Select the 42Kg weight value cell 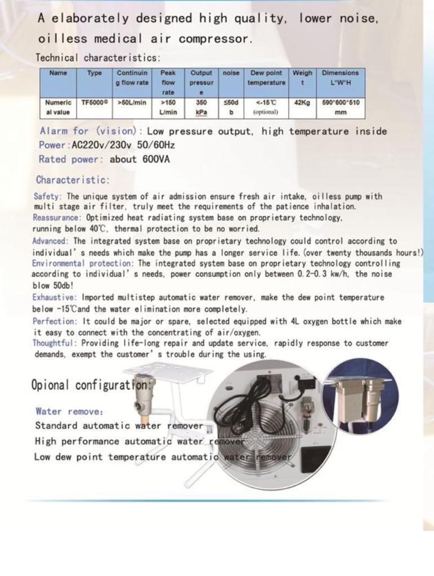click(302, 103)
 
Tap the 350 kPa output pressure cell click(201, 107)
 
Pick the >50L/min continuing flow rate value click(132, 103)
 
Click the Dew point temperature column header click(266, 78)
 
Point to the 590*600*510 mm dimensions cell click(340, 107)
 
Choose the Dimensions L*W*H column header click(340, 78)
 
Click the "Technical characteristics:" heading click(98, 57)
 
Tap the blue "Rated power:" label click(71, 159)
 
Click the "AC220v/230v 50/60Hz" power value click(123, 145)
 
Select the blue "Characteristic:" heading click(73, 181)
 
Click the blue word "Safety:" click(49, 197)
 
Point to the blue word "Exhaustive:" click(56, 298)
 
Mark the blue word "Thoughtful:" click(55, 343)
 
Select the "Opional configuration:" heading click(92, 386)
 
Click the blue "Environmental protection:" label click(83, 263)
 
